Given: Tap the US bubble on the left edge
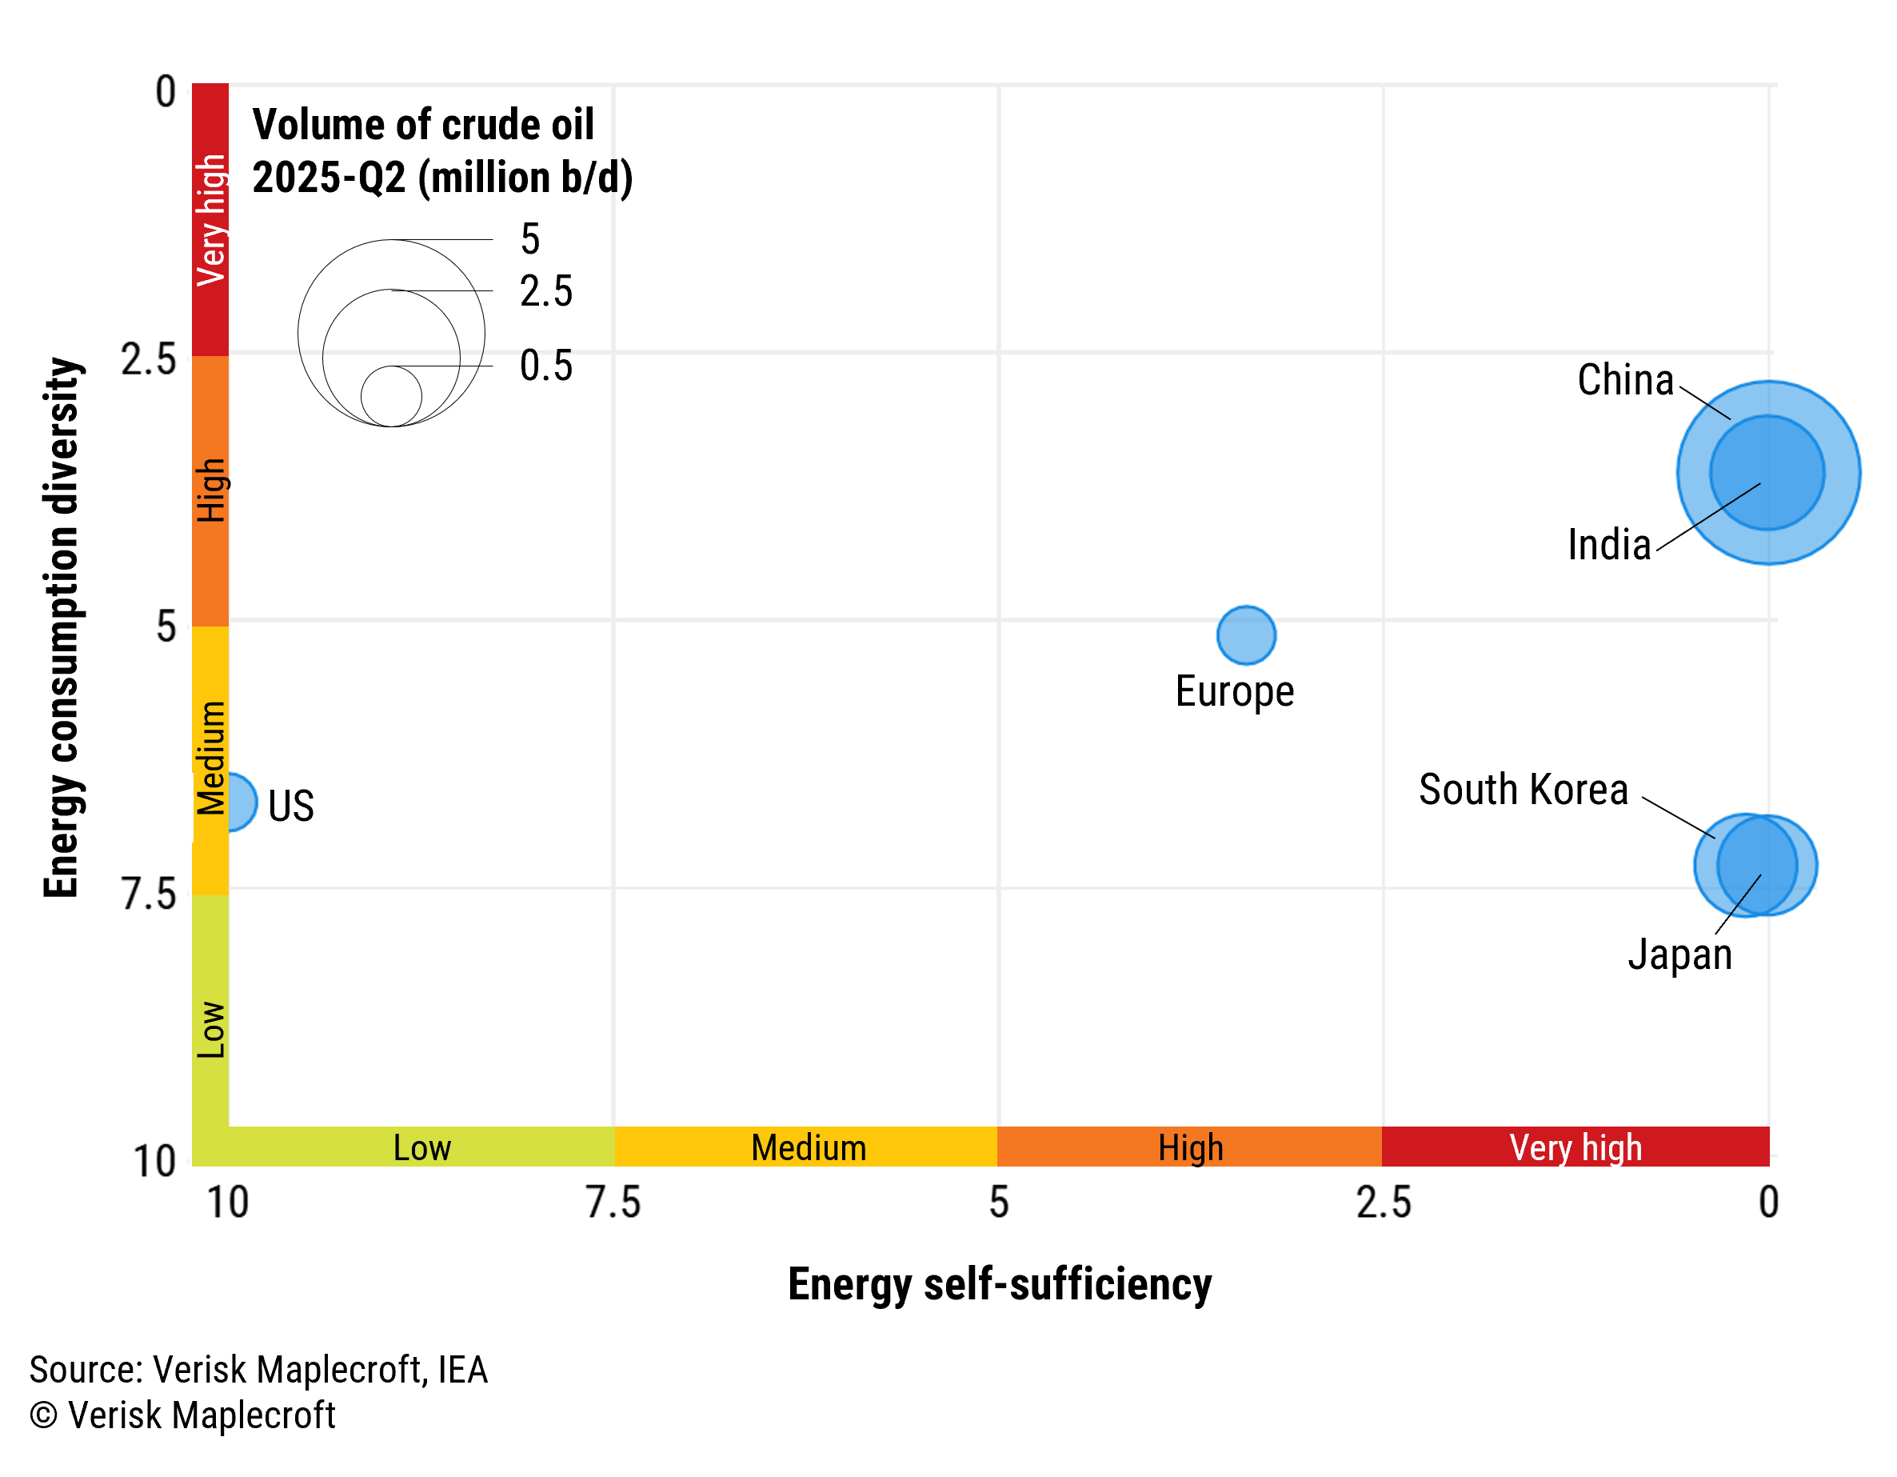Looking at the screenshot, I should pos(240,802).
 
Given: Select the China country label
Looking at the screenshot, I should pos(1624,381).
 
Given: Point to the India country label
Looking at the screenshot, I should pos(1608,546).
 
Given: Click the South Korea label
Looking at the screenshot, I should pos(1523,790).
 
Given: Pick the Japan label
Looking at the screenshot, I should pos(1679,954).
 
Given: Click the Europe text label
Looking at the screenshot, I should pos(1233,691).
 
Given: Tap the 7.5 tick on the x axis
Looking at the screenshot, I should pos(613,1203).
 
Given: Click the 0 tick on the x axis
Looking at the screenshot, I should pos(1768,1203).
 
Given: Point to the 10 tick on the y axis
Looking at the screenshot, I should pos(154,1162).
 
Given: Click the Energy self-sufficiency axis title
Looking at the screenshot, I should pos(999,1284).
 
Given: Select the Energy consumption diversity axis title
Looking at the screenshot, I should pos(62,627).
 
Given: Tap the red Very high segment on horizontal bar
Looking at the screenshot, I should pos(1575,1147).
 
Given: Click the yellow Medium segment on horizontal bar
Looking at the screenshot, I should pos(807,1147).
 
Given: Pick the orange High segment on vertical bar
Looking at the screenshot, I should pos(210,491).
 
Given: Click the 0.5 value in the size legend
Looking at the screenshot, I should pos(545,366).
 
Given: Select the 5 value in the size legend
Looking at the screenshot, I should pos(530,239).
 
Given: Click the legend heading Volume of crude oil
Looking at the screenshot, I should pos(423,125).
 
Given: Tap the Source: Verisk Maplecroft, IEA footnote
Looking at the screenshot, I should pos(258,1370).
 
